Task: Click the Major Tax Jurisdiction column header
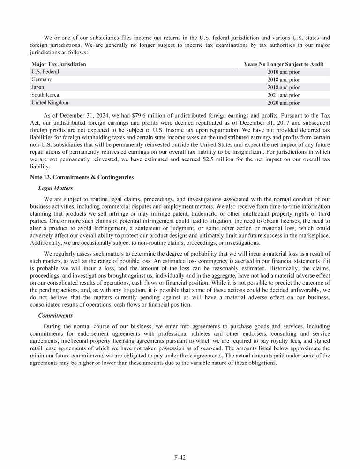pos(59,64)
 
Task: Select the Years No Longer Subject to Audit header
pos(284,64)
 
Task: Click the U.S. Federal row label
pos(45,72)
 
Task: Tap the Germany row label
pos(41,80)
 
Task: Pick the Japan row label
pos(38,87)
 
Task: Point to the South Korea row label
pos(45,95)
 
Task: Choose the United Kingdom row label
pos(50,102)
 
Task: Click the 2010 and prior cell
pos(283,72)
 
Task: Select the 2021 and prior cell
pos(283,95)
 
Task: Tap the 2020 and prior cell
pos(283,102)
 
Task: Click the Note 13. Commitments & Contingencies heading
pos(82,177)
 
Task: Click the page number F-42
pos(180,456)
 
